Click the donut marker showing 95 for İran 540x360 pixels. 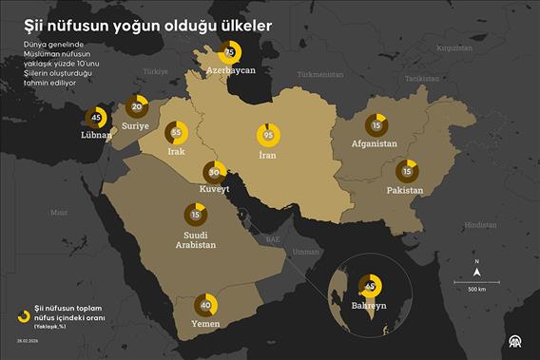268,134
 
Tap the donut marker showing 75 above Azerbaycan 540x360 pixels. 230,51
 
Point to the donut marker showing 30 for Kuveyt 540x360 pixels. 215,172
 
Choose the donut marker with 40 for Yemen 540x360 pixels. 205,305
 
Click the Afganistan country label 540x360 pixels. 374,143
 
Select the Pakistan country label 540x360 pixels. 404,190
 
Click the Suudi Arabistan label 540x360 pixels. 195,238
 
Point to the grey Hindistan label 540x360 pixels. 480,224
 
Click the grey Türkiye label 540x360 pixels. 153,70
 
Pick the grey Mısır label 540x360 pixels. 59,213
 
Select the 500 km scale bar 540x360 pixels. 477,282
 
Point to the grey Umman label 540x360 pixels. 305,252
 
